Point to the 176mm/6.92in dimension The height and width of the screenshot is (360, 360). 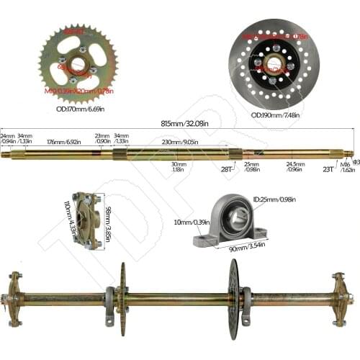pos(63,143)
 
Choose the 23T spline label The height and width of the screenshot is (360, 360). pos(329,168)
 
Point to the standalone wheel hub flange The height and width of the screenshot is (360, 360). pos(88,220)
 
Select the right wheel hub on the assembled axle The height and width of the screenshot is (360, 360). pos(340,297)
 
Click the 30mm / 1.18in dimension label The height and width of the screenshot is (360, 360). pos(179,166)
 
